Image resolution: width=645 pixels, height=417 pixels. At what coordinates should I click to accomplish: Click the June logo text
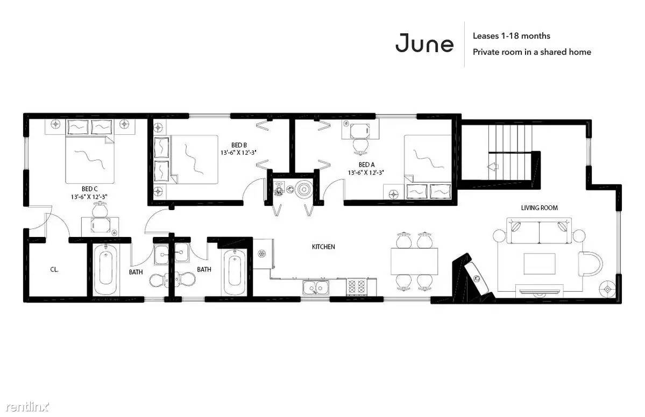pos(424,43)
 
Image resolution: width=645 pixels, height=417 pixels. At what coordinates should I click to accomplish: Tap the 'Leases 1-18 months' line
pos(511,36)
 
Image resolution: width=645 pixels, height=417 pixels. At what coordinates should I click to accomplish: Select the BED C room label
pos(89,189)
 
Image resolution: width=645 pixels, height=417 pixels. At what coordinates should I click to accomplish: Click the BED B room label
pos(239,145)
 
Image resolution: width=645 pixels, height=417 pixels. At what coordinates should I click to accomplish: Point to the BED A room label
pos(366,165)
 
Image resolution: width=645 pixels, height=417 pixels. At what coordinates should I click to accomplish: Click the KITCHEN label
pos(323,247)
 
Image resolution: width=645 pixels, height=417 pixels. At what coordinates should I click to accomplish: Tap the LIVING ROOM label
pos(539,208)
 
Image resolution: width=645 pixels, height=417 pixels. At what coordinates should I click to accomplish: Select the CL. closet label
pos(54,270)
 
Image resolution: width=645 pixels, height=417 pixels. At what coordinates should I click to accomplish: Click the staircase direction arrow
pos(493,167)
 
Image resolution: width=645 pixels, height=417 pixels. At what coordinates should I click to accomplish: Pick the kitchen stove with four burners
pos(357,287)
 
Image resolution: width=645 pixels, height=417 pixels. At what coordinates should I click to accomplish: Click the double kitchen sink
pos(316,287)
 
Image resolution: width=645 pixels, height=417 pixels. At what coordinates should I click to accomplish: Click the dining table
pos(414,262)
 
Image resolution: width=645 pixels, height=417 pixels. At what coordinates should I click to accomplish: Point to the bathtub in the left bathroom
pos(106,269)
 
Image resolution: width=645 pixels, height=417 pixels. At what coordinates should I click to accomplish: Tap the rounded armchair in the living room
pos(590,264)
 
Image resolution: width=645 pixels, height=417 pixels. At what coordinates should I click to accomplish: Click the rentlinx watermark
pos(27,407)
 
